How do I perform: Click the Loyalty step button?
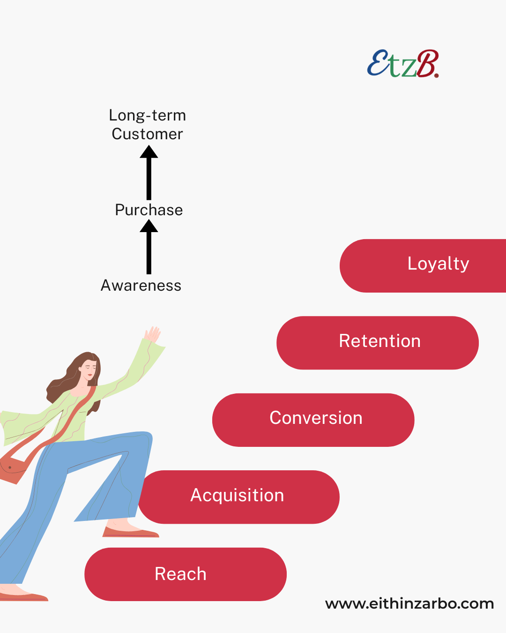tap(423, 265)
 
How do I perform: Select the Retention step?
tap(378, 343)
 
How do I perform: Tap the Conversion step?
tap(313, 420)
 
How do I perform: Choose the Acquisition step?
tap(239, 497)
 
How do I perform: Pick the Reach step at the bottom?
tap(186, 574)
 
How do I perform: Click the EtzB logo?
tap(403, 64)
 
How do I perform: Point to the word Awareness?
tap(141, 286)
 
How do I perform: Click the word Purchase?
tap(149, 210)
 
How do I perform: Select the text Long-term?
tap(147, 115)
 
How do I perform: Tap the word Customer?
tap(147, 134)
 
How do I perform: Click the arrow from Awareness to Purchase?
tap(149, 247)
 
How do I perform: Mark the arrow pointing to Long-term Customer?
tap(149, 173)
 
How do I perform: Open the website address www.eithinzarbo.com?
tap(409, 604)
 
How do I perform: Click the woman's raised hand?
tap(153, 334)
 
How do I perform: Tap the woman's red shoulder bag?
tap(12, 467)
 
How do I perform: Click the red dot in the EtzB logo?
tap(437, 75)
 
